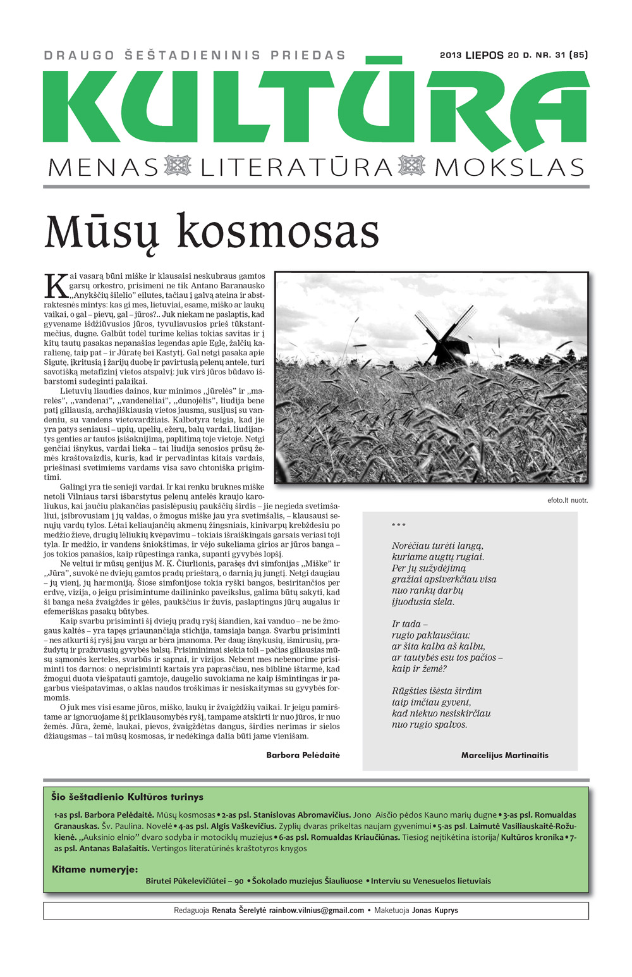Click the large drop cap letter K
[56, 285]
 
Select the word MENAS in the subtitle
[104, 168]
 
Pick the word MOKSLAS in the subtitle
[509, 168]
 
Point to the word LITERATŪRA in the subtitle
[297, 168]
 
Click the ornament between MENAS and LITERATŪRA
[178, 166]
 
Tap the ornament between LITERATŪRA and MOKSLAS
[412, 166]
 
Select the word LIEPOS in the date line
[484, 55]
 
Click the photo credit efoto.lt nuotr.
[568, 500]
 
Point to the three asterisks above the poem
[399, 525]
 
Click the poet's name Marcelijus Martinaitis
[504, 755]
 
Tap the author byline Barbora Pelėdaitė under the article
[303, 755]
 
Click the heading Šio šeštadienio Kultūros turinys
[127, 797]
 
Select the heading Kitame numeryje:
[95, 869]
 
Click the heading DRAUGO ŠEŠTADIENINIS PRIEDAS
[195, 56]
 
